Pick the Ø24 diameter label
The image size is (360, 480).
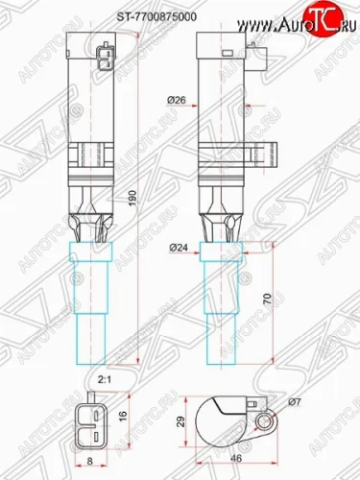click(x=177, y=248)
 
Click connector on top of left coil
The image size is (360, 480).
click(x=103, y=59)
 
